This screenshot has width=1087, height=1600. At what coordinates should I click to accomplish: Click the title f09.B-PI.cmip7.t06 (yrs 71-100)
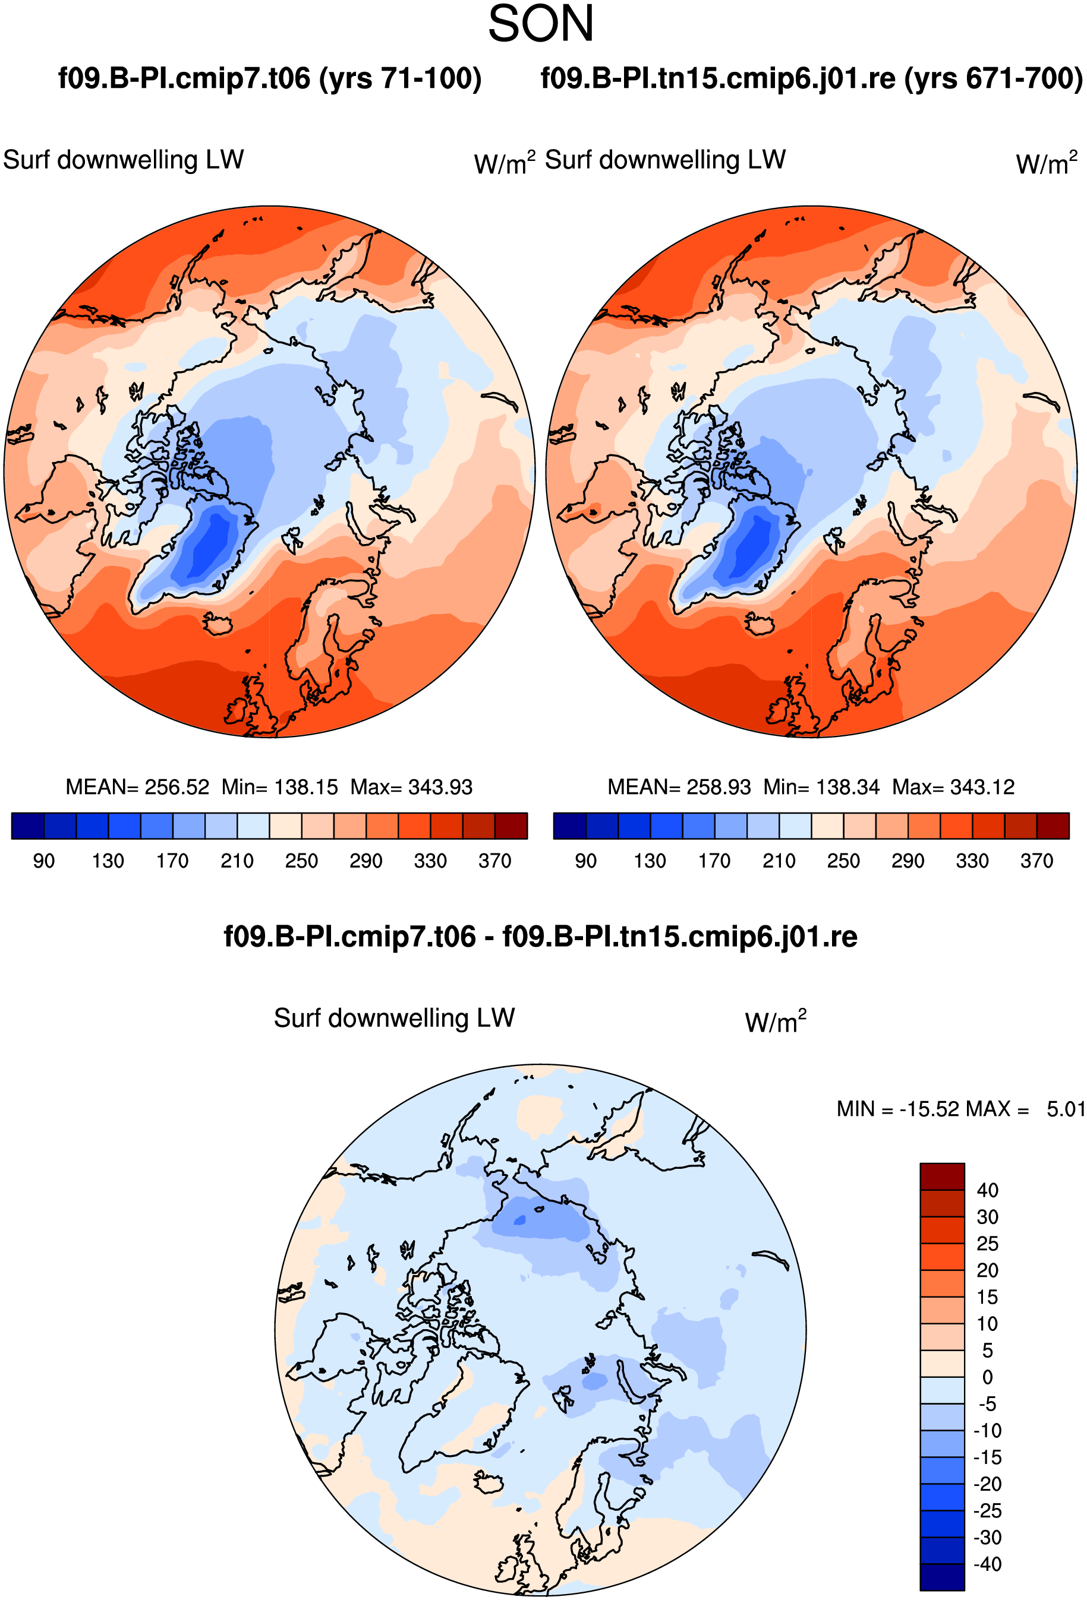tap(269, 78)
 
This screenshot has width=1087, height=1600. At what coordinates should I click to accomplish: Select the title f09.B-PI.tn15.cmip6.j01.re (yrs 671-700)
tap(811, 78)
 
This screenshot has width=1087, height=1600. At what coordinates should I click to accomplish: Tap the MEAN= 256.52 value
tap(137, 787)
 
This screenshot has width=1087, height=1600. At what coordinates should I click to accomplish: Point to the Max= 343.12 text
tap(953, 787)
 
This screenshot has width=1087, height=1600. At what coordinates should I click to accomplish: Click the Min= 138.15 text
tap(280, 787)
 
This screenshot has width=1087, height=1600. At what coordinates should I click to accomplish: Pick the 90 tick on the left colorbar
tap(44, 861)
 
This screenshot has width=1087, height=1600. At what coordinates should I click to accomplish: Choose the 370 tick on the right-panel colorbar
tap(1036, 861)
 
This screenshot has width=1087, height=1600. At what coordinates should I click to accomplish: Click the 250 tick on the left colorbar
tap(302, 861)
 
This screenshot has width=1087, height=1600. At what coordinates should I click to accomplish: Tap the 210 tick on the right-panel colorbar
tap(779, 861)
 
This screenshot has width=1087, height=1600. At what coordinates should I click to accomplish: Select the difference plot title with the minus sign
tap(541, 937)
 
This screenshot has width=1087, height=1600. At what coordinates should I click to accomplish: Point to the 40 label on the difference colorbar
tap(987, 1190)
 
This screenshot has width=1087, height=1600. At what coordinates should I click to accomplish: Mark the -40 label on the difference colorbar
tap(987, 1564)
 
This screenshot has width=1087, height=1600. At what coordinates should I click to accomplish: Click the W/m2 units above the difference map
tap(776, 1022)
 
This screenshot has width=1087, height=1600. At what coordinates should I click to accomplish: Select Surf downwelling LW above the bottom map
tap(394, 1018)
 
